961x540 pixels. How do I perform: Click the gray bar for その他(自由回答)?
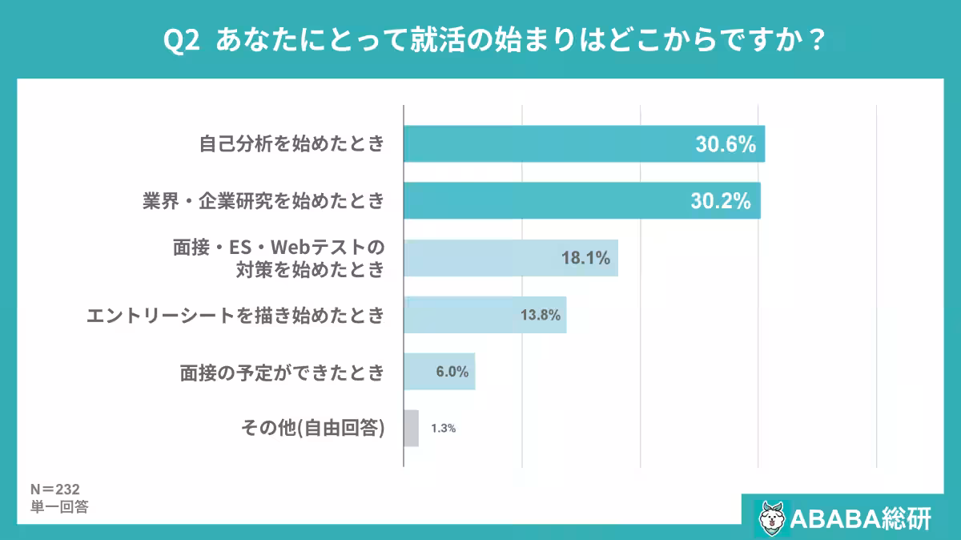tap(411, 428)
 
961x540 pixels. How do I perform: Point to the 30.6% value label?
tap(726, 145)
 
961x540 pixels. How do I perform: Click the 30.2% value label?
tap(721, 202)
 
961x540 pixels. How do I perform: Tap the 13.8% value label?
tap(541, 315)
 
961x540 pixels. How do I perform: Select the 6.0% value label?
tap(452, 372)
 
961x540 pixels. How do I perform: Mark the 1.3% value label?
tap(443, 429)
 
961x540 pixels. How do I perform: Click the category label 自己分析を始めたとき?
tap(292, 145)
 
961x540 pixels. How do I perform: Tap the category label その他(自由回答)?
tap(313, 428)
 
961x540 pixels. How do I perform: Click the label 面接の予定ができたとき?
tap(282, 372)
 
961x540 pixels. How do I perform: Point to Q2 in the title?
tap(181, 40)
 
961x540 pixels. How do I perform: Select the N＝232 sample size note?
tap(54, 489)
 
